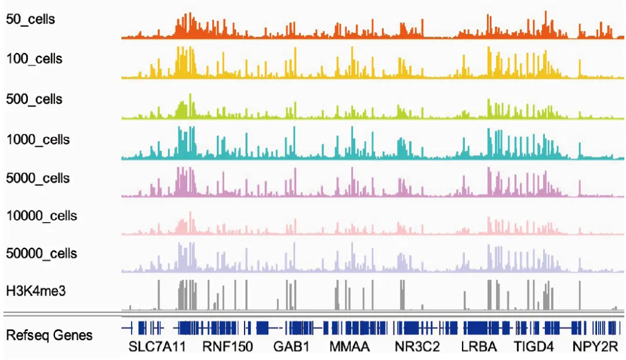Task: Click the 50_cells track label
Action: pos(30,19)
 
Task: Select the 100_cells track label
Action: pos(34,59)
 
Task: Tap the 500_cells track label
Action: pos(34,99)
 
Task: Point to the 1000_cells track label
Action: pos(38,140)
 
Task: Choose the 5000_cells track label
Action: pos(38,178)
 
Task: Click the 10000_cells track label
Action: pos(41,216)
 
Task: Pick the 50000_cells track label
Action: pos(41,254)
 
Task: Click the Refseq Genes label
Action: pos(49,335)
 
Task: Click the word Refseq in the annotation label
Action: pos(28,335)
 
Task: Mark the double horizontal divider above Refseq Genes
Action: pos(313,314)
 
